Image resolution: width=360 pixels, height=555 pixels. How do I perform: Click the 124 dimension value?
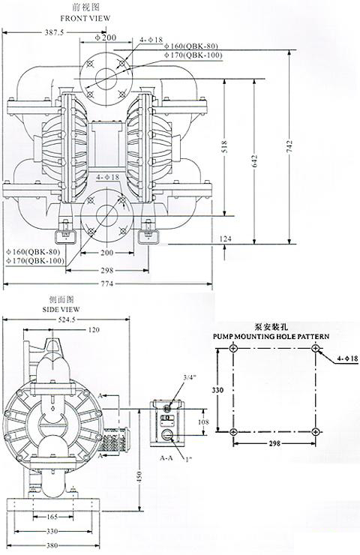[226, 238]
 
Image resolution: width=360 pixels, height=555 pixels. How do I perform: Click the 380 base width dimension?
[49, 546]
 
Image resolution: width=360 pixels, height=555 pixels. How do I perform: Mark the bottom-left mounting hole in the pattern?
[234, 431]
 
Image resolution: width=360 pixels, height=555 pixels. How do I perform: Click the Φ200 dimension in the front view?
[108, 37]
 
